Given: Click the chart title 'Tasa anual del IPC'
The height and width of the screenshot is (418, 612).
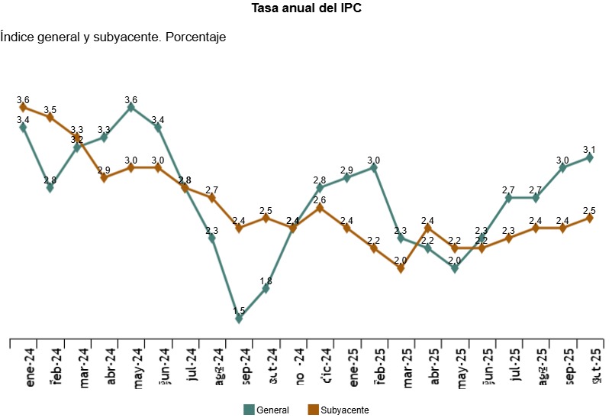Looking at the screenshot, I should [306, 8].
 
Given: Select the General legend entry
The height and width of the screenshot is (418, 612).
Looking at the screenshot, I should [266, 410].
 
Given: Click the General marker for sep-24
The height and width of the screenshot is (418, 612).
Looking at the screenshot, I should [239, 319].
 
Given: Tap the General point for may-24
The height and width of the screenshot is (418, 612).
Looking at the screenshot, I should [131, 108].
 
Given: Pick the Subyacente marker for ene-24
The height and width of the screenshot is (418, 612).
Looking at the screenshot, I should [24, 108].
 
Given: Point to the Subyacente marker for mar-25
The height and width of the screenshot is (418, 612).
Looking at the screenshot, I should [401, 268].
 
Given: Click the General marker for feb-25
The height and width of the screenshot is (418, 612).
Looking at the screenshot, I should [374, 167].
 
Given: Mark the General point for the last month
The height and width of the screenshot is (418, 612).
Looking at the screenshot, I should [589, 157].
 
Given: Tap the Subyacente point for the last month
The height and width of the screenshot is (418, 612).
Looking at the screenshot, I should [589, 218].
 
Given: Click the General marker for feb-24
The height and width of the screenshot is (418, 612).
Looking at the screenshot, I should [50, 188].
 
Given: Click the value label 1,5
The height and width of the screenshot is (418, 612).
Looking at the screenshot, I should [239, 310].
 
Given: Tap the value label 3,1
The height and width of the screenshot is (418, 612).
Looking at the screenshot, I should [589, 149].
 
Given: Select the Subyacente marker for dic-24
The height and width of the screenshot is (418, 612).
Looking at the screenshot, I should [320, 208].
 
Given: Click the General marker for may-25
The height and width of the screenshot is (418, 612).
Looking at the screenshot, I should [455, 268].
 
